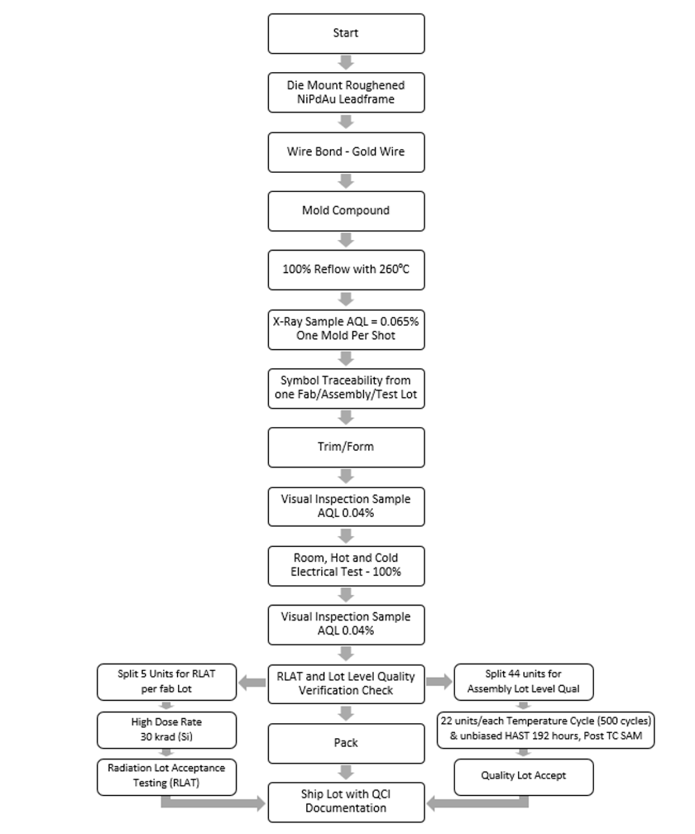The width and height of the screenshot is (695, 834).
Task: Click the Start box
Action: pyautogui.click(x=346, y=34)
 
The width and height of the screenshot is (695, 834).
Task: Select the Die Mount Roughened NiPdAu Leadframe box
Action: pyautogui.click(x=346, y=92)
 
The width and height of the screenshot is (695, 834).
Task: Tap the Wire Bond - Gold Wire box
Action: pyautogui.click(x=346, y=152)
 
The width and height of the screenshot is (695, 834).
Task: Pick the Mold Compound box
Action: pyautogui.click(x=346, y=211)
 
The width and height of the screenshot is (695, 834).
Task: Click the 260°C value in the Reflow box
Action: pyautogui.click(x=394, y=269)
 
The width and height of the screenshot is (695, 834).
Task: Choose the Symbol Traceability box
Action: pyautogui.click(x=346, y=388)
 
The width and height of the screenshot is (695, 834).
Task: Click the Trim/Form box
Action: pyautogui.click(x=346, y=447)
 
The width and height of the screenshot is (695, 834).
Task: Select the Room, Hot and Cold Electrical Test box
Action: pyautogui.click(x=346, y=565)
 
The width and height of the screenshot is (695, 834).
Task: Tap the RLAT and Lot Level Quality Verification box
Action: pyautogui.click(x=346, y=683)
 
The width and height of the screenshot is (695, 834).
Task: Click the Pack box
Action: pyautogui.click(x=346, y=743)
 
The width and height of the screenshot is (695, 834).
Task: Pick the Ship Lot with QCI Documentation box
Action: pyautogui.click(x=346, y=802)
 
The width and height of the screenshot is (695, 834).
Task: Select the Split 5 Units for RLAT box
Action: pyautogui.click(x=167, y=682)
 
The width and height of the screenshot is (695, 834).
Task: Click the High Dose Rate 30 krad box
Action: pyautogui.click(x=167, y=730)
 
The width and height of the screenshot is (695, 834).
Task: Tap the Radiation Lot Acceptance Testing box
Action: pyautogui.click(x=167, y=776)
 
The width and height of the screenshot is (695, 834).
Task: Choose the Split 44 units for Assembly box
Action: pyautogui.click(x=524, y=682)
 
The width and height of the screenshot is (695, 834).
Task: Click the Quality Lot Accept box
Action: pyautogui.click(x=524, y=776)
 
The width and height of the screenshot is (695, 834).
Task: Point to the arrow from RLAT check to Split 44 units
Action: pyautogui.click(x=439, y=682)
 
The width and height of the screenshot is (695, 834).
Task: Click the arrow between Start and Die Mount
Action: pyautogui.click(x=346, y=63)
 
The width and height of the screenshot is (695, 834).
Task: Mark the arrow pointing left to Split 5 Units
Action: pyautogui.click(x=253, y=683)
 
